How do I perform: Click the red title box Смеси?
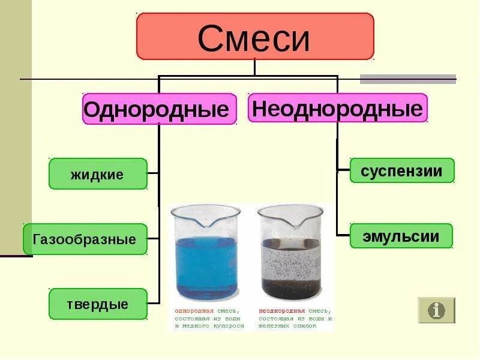255,37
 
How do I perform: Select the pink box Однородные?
159,109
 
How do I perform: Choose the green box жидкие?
98,174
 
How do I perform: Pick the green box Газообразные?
85,239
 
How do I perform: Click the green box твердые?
98,304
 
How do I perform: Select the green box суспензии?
401,171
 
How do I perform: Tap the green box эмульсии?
401,236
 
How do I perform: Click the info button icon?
436,310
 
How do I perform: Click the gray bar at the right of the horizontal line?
407,79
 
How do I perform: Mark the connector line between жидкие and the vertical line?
152,174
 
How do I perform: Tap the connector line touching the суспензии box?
343,170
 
